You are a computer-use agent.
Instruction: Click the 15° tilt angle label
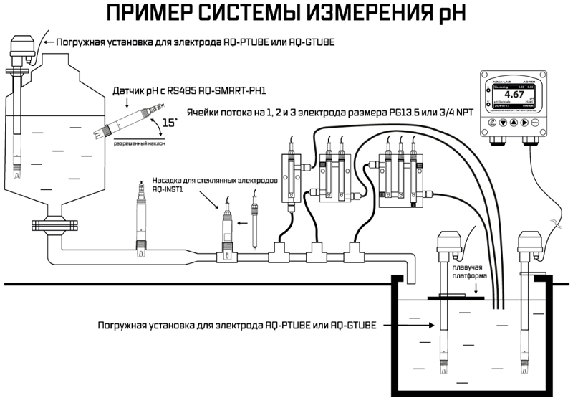[x=170, y=123]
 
